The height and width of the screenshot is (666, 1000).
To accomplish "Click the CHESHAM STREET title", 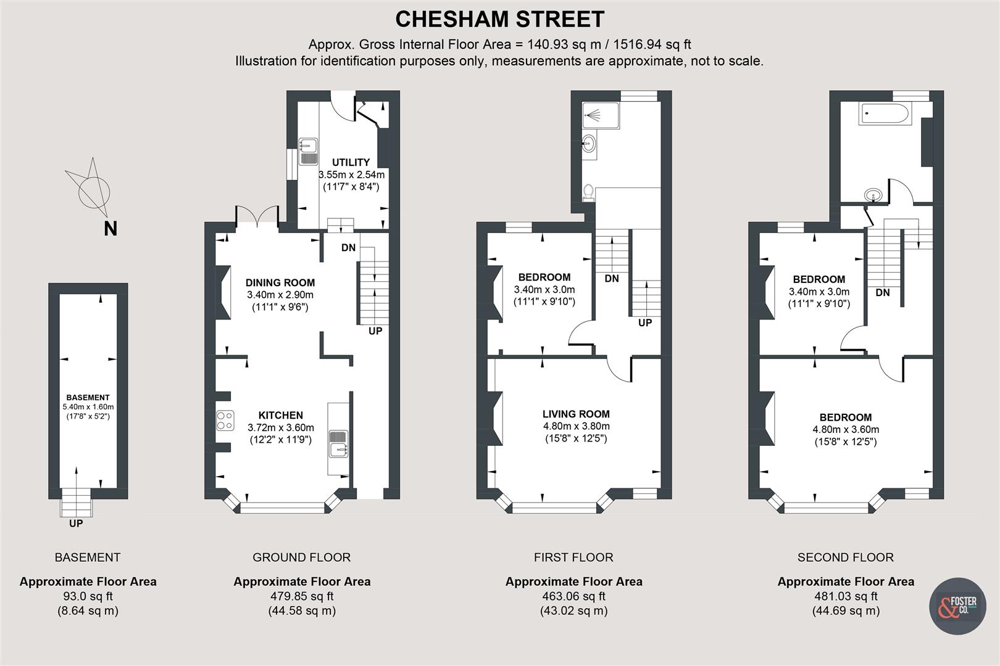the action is click(x=499, y=20).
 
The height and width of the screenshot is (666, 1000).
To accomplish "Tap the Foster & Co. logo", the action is click(x=957, y=606).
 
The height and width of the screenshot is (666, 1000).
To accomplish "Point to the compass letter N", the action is click(x=110, y=229).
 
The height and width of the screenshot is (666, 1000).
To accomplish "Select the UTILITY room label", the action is click(x=351, y=162).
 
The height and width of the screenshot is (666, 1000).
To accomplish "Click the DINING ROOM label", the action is click(x=280, y=282).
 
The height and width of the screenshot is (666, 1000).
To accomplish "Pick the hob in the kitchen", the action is click(x=225, y=420).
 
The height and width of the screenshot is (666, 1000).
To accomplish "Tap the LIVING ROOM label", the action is click(x=576, y=414).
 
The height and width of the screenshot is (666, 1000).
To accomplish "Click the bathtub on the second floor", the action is click(x=883, y=113).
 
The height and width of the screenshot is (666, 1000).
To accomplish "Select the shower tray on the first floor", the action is click(x=601, y=115).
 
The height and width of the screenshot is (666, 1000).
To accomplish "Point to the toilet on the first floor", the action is click(x=588, y=192).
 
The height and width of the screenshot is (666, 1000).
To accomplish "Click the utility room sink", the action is click(x=308, y=151).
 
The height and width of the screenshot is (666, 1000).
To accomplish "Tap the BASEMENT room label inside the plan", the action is click(x=88, y=398).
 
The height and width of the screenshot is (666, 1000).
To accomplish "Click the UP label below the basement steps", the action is click(x=76, y=524).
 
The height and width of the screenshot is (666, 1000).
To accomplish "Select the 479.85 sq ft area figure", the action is click(x=302, y=596).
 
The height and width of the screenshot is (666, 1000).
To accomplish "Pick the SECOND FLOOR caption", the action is click(x=846, y=557).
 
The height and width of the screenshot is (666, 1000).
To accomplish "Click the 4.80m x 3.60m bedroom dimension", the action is click(x=846, y=430).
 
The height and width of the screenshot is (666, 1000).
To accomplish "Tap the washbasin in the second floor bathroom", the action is click(x=873, y=195).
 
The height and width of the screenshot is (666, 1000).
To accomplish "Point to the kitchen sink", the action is click(x=338, y=444).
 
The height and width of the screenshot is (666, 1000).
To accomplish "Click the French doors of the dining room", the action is click(x=257, y=215).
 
